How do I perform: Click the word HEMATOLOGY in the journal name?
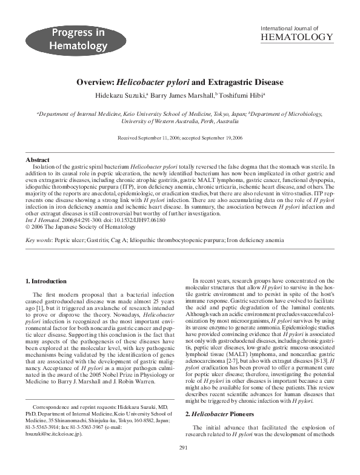click(296, 38)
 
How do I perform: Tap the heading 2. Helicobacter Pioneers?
click(224, 413)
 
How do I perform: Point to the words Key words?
click(38, 241)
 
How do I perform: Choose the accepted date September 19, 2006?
click(221, 138)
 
